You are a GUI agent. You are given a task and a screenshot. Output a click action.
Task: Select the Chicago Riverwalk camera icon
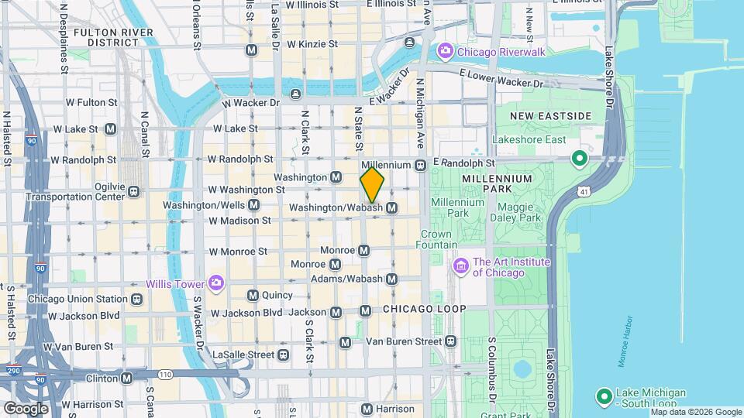[445, 52]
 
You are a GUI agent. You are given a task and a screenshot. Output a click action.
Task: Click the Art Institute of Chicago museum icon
[461, 267]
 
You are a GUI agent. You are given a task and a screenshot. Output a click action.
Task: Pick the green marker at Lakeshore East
[578, 160]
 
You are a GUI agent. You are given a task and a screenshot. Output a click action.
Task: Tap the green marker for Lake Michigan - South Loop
[604, 398]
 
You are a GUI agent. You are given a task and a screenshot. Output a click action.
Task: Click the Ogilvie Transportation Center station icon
[134, 191]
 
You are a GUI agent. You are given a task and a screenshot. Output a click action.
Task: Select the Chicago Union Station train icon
[136, 299]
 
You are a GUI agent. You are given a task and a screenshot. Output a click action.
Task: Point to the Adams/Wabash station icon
[392, 279]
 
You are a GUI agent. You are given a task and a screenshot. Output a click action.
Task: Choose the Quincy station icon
[252, 295]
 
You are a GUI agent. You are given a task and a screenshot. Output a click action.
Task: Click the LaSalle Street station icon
[284, 355]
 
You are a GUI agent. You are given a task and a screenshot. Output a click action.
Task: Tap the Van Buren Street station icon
[451, 341]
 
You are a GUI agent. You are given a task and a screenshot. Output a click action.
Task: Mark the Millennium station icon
[420, 165]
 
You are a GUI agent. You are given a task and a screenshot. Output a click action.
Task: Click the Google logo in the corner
[26, 408]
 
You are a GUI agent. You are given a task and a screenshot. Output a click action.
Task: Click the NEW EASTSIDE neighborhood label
[550, 116]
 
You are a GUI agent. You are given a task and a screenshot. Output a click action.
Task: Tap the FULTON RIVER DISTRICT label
[109, 37]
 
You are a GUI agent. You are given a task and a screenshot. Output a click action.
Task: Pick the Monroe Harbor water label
[624, 341]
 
